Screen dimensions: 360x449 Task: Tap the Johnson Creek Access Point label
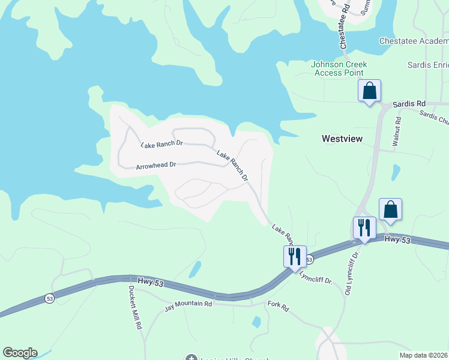click(339, 68)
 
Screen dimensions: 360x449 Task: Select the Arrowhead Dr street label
click(155, 164)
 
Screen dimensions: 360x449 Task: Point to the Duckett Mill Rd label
click(135, 306)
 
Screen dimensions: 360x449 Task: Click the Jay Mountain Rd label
click(188, 305)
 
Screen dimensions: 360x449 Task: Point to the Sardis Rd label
click(409, 104)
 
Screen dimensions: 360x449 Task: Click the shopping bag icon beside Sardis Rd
click(369, 91)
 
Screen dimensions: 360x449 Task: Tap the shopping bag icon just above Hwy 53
click(390, 210)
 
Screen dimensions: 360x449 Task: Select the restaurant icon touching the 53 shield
click(295, 256)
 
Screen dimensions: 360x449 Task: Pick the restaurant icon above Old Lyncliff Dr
click(364, 228)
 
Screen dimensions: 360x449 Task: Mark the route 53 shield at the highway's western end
click(49, 298)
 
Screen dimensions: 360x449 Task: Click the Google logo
click(20, 353)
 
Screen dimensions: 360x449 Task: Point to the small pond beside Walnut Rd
click(396, 172)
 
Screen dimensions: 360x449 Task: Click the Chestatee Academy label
click(414, 41)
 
